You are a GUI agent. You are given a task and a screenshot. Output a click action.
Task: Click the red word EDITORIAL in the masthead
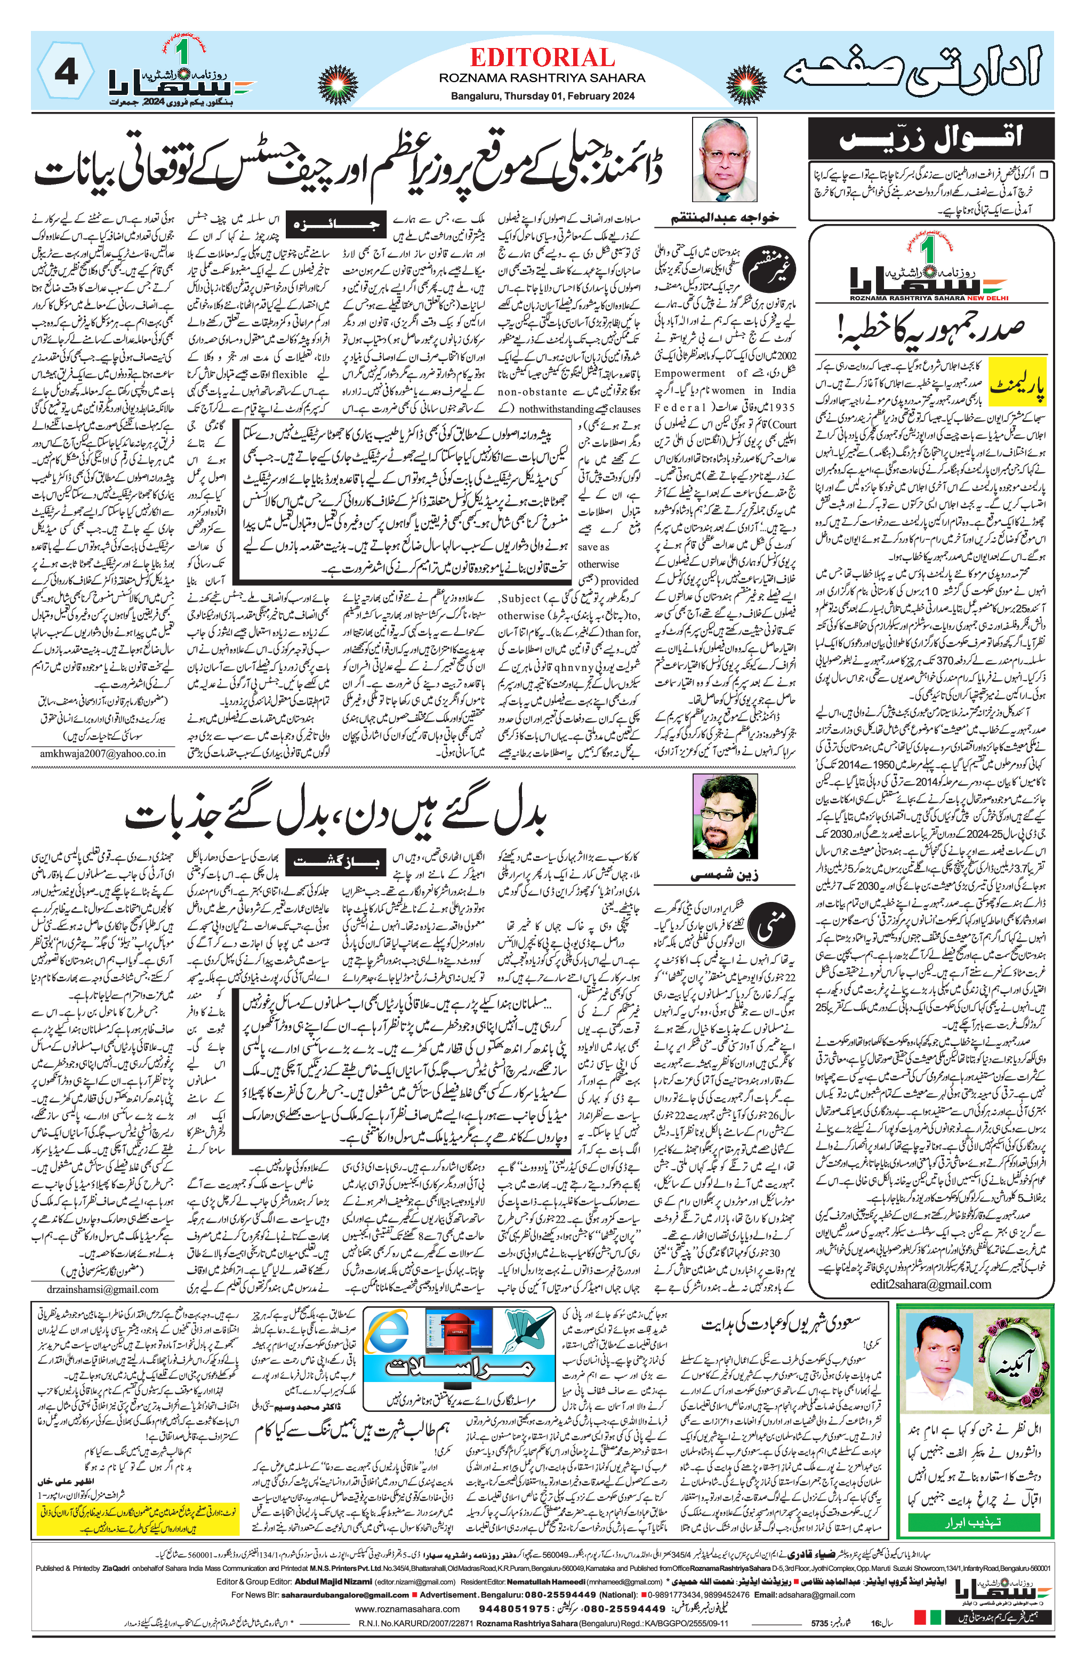[542, 58]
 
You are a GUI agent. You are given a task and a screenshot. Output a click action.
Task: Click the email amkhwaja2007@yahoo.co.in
[102, 753]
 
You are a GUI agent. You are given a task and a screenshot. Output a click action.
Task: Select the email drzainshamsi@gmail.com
[93, 1289]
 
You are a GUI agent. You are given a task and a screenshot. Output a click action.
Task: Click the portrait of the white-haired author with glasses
[724, 160]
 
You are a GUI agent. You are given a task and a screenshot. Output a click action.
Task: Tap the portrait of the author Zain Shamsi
[725, 816]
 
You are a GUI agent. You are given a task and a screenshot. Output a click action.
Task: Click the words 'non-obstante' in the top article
[532, 392]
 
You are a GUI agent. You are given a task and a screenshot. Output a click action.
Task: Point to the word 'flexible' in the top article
[290, 374]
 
